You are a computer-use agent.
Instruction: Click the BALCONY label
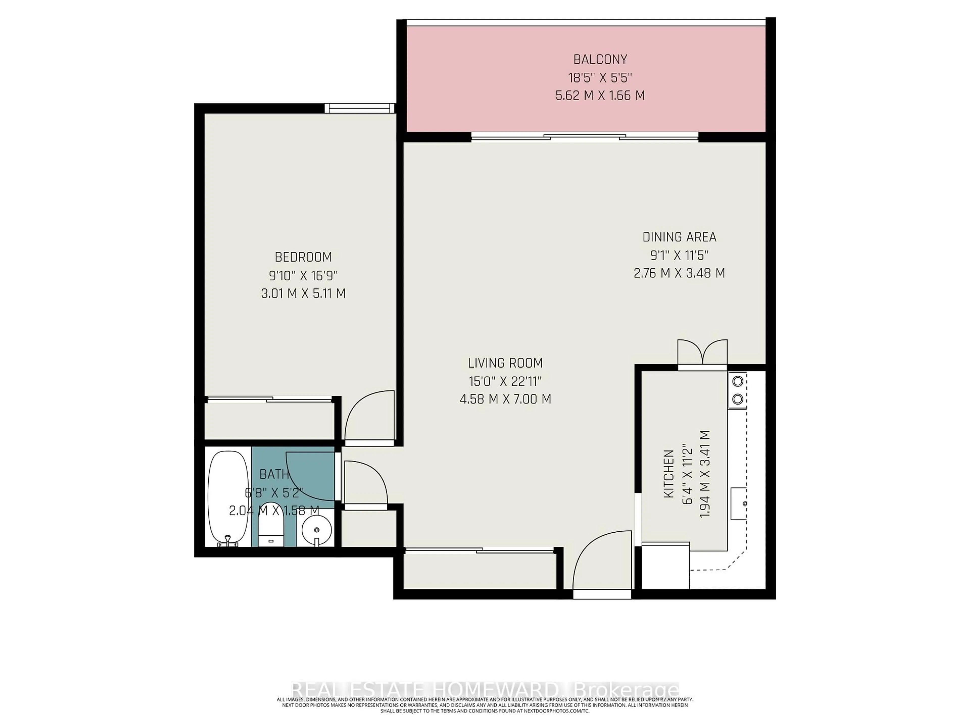600,59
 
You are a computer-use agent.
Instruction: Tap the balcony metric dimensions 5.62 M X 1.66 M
600,95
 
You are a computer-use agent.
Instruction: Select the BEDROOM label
303,257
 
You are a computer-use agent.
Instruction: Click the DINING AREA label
679,237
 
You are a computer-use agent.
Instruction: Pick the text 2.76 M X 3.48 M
679,273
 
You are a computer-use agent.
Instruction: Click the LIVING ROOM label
505,363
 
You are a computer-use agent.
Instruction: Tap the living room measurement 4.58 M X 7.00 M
505,399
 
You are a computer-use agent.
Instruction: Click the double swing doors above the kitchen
702,353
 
